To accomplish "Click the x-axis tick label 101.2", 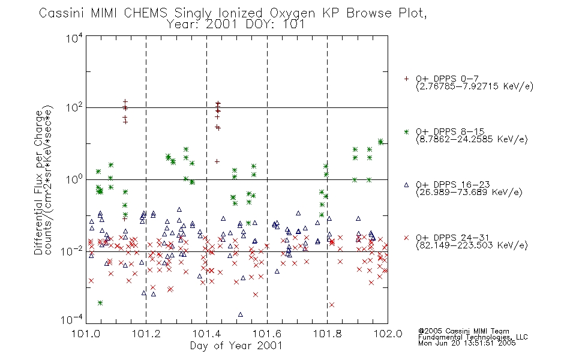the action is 146,334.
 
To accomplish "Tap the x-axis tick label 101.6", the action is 267,334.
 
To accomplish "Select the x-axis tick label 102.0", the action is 388,334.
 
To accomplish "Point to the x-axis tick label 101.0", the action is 86,334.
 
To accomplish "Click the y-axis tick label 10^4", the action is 74,38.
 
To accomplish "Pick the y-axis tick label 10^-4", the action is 71,319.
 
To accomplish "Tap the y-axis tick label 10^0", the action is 74,179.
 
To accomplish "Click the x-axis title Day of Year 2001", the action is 236,346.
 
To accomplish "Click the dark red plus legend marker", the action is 406,79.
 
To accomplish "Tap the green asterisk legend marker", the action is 406,131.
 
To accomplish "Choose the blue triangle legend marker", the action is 406,185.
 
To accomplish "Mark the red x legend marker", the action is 406,238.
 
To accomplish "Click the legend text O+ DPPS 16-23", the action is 453,184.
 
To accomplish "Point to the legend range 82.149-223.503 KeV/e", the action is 472,245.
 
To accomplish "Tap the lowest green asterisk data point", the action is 100,303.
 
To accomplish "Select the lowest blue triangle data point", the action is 240,314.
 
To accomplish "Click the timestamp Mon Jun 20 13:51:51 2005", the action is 467,343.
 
